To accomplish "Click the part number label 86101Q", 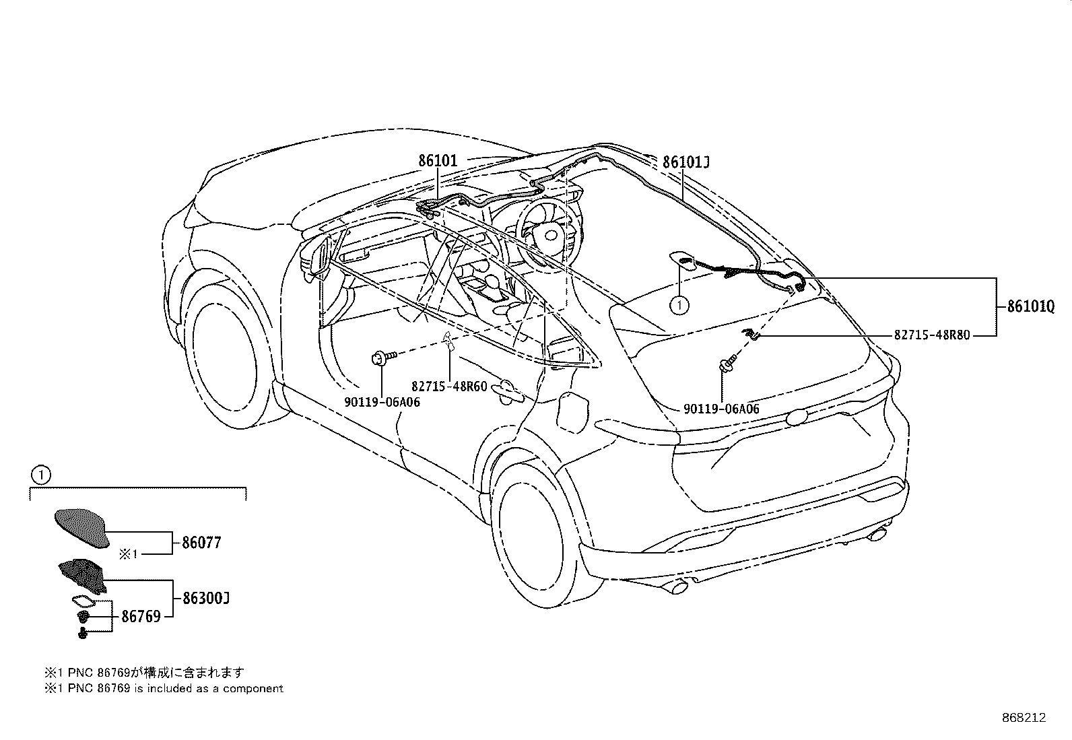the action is click(x=1031, y=306).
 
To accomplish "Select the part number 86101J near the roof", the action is click(x=685, y=162).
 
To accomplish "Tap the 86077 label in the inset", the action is click(x=201, y=542).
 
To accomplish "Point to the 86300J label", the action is click(x=206, y=599).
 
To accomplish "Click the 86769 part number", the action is click(x=141, y=616).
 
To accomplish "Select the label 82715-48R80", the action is click(x=932, y=335).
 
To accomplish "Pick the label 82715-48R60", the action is click(x=449, y=386).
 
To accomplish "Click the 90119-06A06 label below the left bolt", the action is click(x=382, y=402).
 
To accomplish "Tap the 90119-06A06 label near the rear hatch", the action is click(x=721, y=409).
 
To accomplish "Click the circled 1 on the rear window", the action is click(x=679, y=305).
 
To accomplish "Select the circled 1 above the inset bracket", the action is click(x=40, y=475).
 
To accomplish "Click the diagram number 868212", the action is click(x=1024, y=718).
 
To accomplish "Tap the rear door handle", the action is click(x=508, y=389).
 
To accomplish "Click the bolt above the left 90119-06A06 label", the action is click(x=383, y=357).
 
